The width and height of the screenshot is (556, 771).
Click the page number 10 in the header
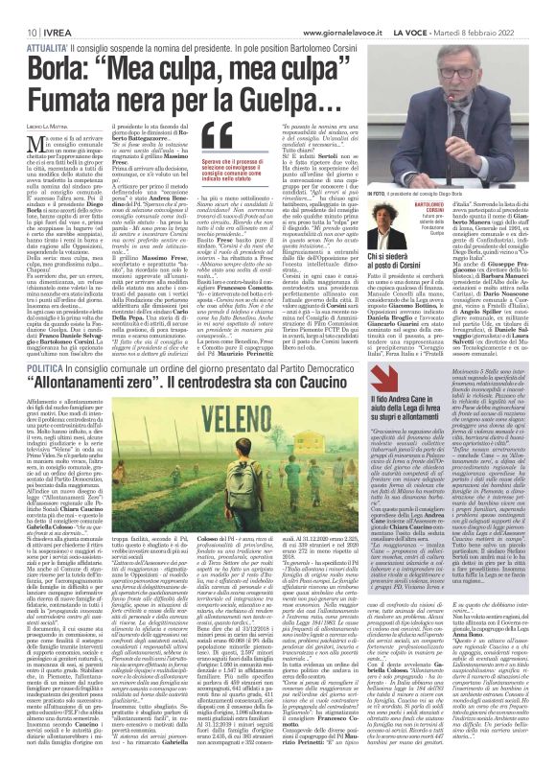coord(18,8)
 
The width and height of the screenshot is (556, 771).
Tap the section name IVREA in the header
coord(43,8)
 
